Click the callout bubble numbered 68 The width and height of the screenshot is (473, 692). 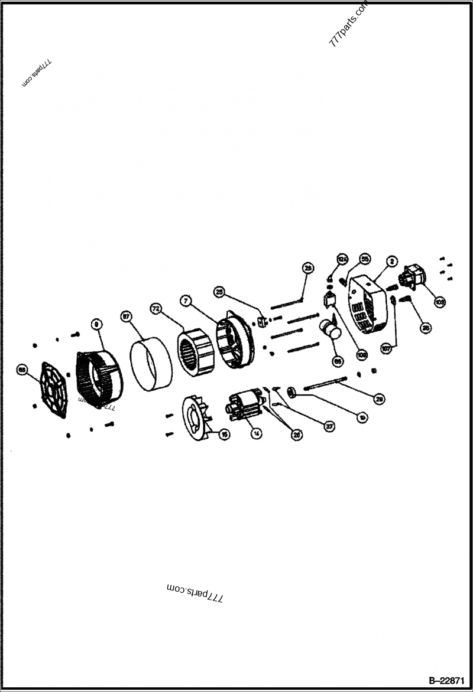coord(22,370)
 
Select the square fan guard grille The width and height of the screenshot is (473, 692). coord(55,389)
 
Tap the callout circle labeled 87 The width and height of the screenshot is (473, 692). coord(126,316)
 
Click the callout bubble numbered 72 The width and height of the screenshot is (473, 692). coord(155,308)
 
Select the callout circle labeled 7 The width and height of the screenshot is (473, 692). coord(186,301)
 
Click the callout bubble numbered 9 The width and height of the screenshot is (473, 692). coord(96,324)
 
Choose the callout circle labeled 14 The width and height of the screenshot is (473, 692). coord(256,432)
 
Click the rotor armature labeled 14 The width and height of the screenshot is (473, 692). coord(243,407)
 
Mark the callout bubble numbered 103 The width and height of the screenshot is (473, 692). coord(440,301)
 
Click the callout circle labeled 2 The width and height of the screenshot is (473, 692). coord(391,260)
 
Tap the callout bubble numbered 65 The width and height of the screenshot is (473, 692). coord(338,361)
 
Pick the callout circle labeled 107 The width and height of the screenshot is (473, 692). coord(387,348)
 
